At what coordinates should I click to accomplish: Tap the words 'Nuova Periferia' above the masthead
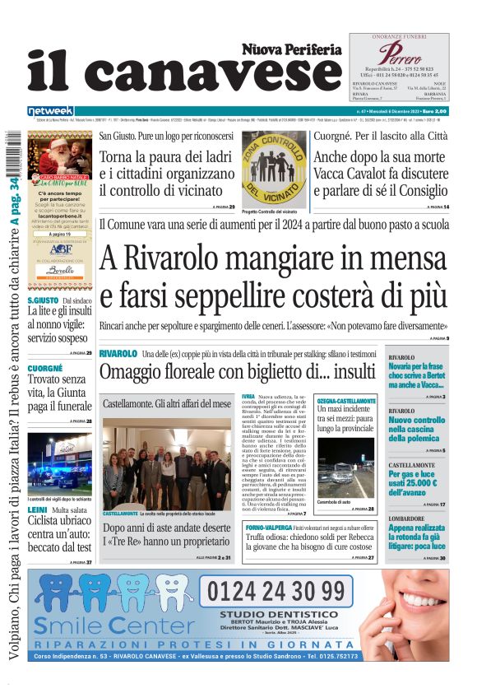[x=291, y=49]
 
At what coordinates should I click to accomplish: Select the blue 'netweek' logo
[x=51, y=111]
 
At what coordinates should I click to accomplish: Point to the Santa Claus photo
[x=59, y=151]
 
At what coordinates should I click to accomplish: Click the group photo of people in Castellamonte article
[x=167, y=463]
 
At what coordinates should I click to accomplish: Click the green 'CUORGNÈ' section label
[x=45, y=368]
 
